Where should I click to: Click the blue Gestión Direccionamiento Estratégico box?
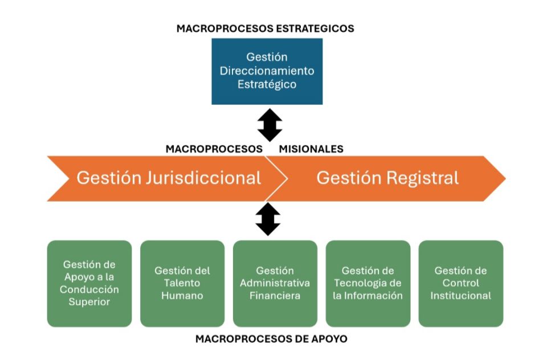267,71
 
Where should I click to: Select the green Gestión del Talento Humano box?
182,283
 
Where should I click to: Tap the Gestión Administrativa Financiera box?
275,283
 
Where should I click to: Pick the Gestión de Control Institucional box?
461,283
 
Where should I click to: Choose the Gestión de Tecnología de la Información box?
368,283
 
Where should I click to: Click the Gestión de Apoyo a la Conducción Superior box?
89,283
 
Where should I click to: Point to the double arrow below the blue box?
270,125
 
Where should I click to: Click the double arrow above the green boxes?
268,219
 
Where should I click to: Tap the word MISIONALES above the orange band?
311,149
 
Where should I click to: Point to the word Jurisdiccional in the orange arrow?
203,178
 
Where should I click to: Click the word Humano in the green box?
182,296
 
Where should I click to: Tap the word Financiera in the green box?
275,296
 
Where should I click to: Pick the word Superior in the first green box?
89,302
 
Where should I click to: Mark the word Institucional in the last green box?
461,296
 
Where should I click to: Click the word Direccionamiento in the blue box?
267,71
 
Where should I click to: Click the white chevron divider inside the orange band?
277,179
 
